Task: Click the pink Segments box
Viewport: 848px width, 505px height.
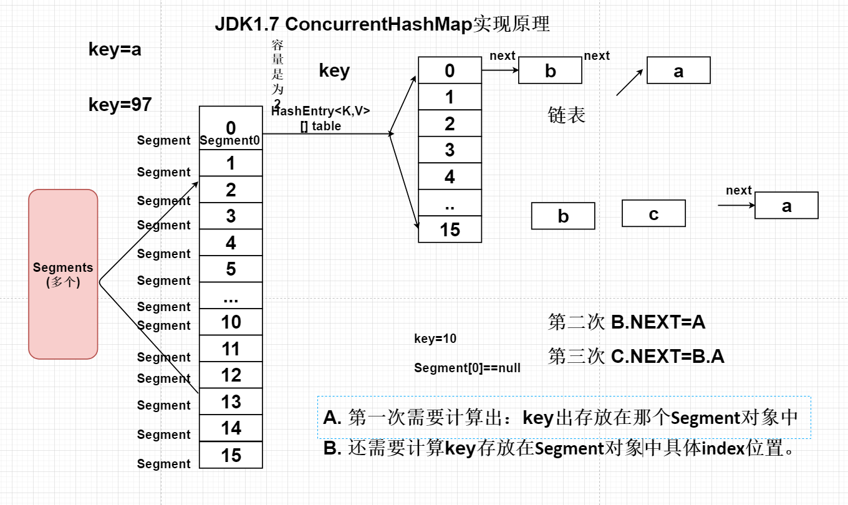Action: coord(63,274)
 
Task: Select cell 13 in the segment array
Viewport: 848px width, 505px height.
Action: coord(231,402)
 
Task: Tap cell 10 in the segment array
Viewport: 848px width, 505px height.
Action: coord(231,322)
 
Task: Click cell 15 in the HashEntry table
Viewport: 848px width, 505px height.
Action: coord(450,229)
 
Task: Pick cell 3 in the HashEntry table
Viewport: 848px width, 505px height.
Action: coord(450,150)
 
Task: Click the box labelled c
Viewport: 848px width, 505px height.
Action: coord(653,213)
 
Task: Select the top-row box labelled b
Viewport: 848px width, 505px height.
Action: coord(550,70)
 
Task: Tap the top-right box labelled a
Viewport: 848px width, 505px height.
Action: coord(678,70)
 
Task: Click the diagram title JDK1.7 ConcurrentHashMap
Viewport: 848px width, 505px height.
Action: coord(382,24)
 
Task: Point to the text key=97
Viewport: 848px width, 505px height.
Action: coord(120,105)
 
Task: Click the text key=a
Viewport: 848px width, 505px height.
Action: coord(115,50)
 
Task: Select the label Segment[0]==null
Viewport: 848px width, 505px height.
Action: coord(467,368)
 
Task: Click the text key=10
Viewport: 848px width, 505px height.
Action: coord(435,339)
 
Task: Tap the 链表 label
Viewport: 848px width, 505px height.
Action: coord(566,115)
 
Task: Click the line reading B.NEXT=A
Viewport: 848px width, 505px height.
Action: coord(627,322)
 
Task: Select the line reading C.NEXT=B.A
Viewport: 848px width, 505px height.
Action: coord(636,356)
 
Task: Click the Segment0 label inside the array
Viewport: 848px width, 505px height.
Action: coord(230,141)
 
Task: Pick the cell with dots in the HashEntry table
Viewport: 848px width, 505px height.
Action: coord(450,203)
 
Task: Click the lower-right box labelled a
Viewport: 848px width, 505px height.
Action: coord(786,205)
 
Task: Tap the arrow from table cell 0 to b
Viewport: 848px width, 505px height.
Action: coord(499,70)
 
